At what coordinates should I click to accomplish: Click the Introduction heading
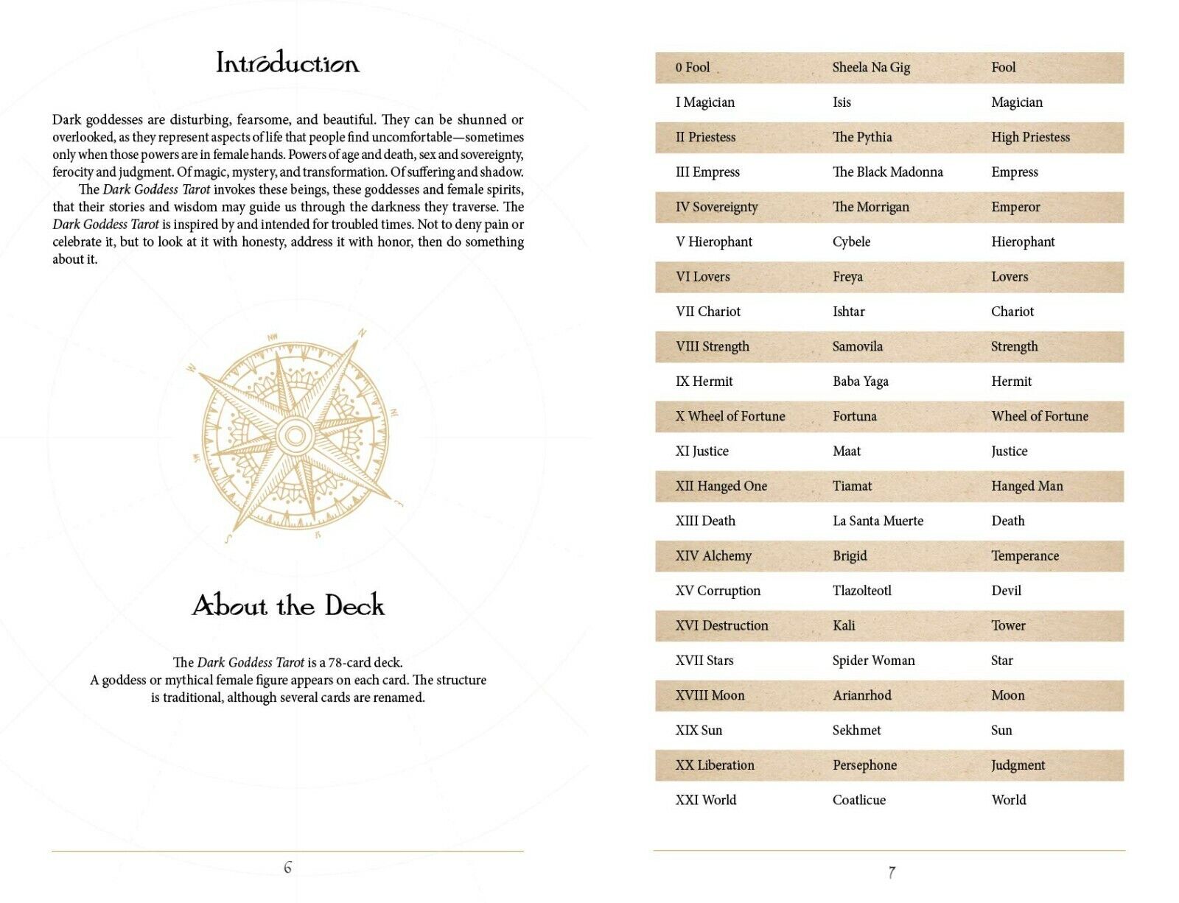pos(287,63)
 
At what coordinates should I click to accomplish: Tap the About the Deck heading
pos(288,605)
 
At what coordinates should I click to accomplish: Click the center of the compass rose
pos(295,435)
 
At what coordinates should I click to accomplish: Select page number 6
pos(287,868)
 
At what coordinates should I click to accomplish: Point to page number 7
pos(892,873)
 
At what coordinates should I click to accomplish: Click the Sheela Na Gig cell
pos(871,68)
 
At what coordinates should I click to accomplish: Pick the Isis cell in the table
pos(842,102)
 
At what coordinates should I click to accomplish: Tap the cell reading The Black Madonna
pos(887,172)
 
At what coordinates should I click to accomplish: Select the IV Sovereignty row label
pos(716,207)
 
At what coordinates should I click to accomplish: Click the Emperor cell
pos(1015,207)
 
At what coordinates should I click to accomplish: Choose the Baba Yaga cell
pos(860,382)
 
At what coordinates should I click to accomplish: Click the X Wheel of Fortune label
pos(730,416)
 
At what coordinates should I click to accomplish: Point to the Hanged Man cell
pos(1026,486)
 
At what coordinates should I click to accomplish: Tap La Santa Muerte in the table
pos(878,521)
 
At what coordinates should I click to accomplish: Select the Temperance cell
pos(1024,556)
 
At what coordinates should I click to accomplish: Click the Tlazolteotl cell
pos(861,591)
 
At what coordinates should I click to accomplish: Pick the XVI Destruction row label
pos(721,625)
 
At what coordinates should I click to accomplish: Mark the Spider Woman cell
pos(873,661)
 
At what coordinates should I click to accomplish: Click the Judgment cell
pos(1018,765)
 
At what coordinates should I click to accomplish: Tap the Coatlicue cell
pos(858,800)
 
